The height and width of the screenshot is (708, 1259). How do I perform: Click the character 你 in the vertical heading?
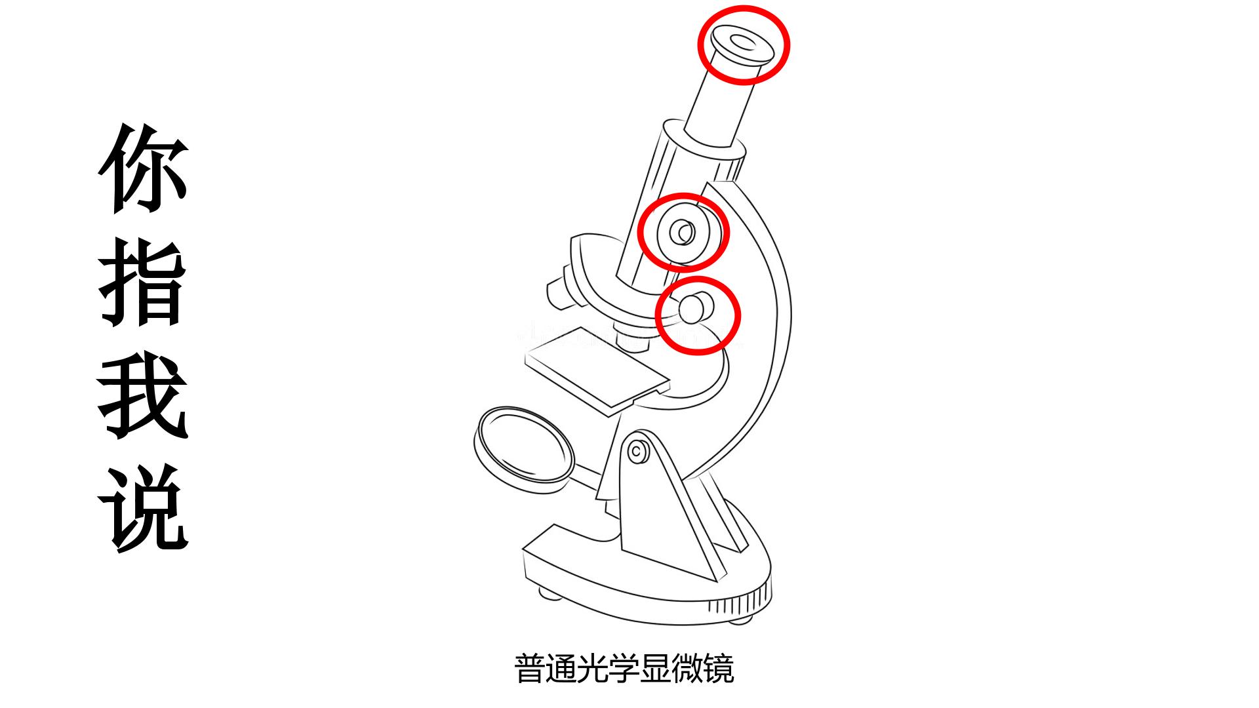point(144,168)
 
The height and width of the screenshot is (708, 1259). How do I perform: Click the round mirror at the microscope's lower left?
point(523,444)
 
